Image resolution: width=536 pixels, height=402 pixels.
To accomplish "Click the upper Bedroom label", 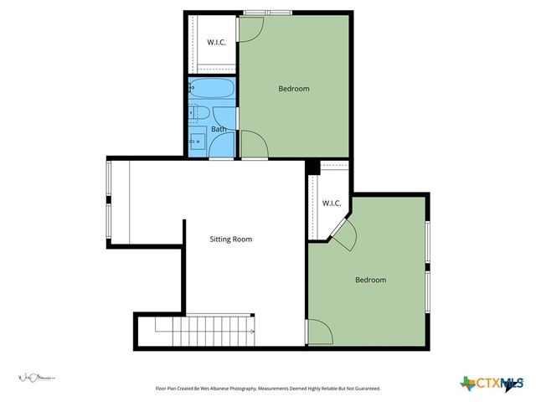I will pos(294,89).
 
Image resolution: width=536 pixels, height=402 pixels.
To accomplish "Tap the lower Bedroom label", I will pos(370,280).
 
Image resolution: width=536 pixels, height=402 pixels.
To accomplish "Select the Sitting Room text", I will pos(230,240).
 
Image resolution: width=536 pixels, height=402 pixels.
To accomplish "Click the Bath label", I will pos(218,129).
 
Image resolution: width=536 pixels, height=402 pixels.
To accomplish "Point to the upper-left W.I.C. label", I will pos(216,42).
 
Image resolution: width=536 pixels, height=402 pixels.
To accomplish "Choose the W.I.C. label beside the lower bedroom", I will pos(331,204).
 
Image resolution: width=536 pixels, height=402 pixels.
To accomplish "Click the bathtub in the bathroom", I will pos(212,88).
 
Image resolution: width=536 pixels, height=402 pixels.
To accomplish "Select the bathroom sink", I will pos(198,141).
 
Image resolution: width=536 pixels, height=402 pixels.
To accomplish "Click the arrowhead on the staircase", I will pos(252,332).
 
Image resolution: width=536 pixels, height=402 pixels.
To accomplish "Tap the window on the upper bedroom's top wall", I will pos(268,12).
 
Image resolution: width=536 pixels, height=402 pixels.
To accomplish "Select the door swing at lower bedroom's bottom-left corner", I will pos(317,332).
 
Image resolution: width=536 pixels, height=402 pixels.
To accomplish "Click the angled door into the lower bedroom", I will pos(343,234).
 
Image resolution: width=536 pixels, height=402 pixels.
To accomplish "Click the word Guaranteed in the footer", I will pos(363,389).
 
